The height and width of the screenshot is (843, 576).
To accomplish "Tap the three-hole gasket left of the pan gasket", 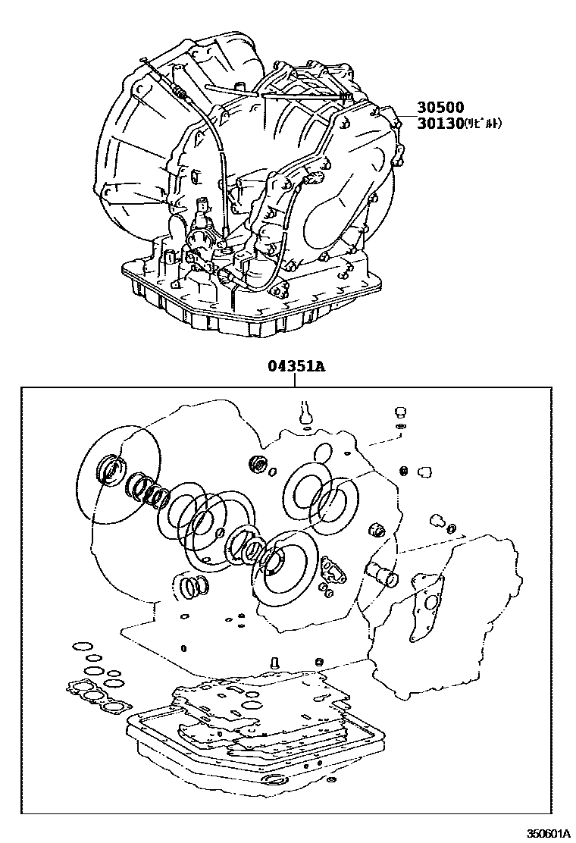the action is click(x=95, y=696).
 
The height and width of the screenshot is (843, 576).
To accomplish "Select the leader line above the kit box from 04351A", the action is click(x=296, y=381).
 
